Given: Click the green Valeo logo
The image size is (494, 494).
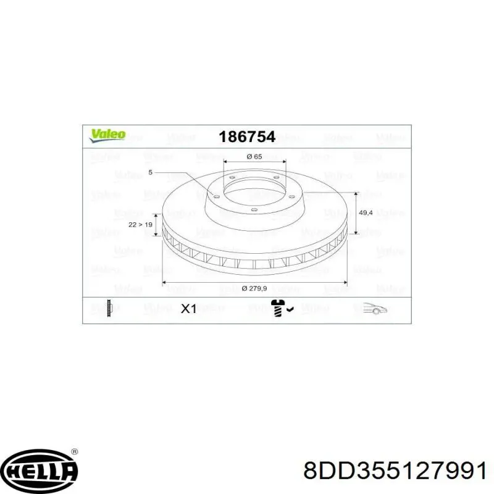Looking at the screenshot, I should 109,135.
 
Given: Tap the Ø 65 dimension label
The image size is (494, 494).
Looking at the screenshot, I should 254,156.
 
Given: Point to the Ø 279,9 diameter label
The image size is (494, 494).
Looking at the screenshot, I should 254,288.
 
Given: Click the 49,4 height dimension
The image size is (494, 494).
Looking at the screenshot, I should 366,213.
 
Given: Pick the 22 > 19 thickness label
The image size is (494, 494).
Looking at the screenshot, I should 140,225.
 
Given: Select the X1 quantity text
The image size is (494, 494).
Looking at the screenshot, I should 188,309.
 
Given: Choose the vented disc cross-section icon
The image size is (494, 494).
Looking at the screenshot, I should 110,308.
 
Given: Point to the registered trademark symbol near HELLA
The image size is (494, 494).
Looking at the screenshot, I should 75,452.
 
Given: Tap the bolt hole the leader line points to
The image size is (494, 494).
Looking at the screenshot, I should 216,196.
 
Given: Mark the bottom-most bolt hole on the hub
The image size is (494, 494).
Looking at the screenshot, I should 254,211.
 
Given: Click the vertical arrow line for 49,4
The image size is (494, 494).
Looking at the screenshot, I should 356,213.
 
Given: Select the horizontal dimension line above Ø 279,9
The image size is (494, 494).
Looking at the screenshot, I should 254,283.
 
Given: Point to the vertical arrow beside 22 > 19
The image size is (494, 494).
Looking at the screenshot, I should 156,225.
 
